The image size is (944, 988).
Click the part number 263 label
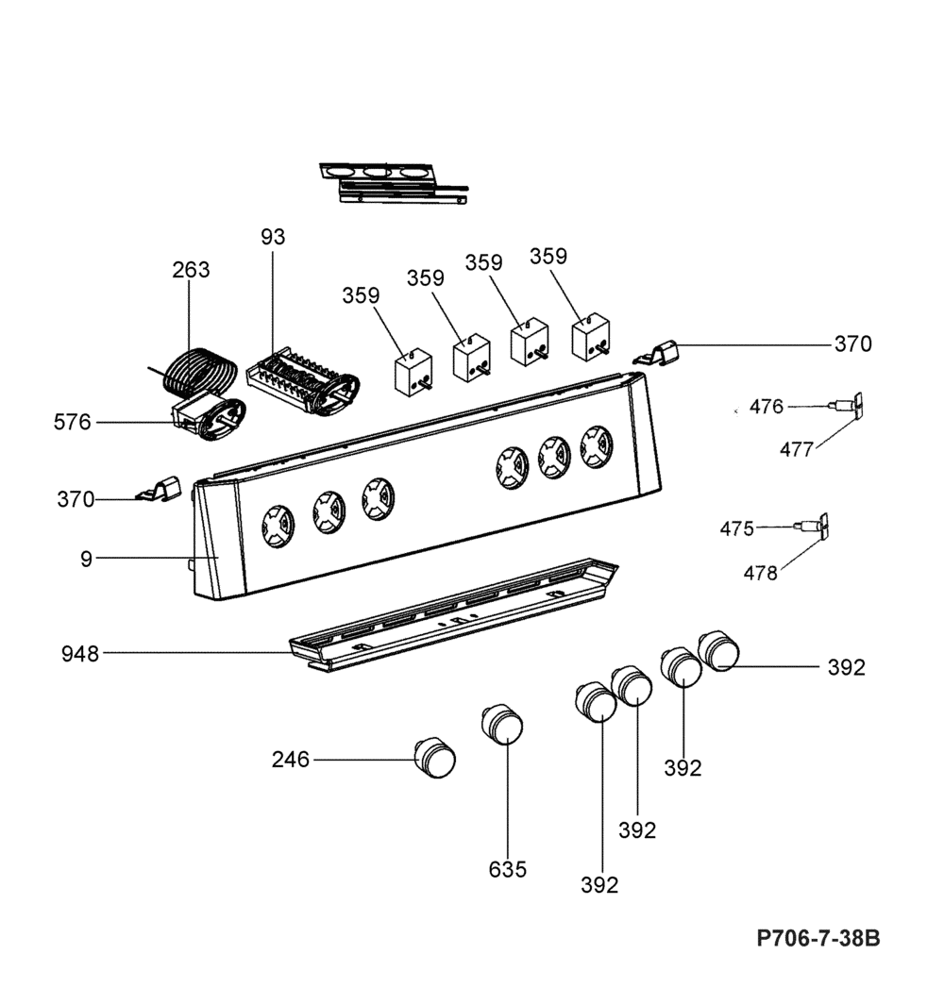tap(191, 270)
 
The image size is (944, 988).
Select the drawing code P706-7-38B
tap(818, 939)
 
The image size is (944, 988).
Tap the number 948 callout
tap(80, 653)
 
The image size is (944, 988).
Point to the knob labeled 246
tap(435, 757)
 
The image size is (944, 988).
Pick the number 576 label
tap(73, 422)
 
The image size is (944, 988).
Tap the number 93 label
tap(272, 237)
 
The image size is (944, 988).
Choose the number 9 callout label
tap(86, 559)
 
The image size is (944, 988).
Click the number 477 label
tap(797, 450)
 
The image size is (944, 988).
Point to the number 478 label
tap(760, 573)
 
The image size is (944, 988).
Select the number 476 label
tap(766, 407)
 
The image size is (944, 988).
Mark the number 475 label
tap(736, 528)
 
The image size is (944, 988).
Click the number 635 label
tap(508, 869)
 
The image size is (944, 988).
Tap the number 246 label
tap(291, 759)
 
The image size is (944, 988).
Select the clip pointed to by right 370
tap(662, 353)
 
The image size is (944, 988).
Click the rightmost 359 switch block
tap(591, 337)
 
